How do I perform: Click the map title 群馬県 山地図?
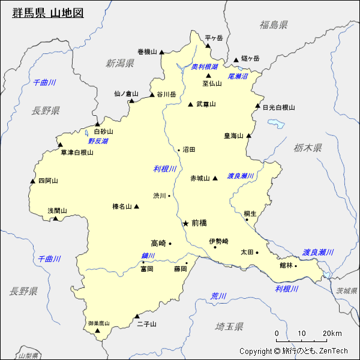[x=47, y=13]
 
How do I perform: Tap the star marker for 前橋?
[x=185, y=223]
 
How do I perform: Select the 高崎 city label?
[x=158, y=243]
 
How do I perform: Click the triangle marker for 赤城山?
[x=214, y=178]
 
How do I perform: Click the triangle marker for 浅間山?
[x=56, y=218]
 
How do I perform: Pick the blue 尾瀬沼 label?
[x=238, y=77]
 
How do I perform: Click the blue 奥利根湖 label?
[x=204, y=67]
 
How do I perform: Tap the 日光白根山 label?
[x=278, y=108]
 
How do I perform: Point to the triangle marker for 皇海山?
[x=248, y=136]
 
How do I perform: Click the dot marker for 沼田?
[x=179, y=150]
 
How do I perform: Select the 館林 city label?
[x=286, y=265]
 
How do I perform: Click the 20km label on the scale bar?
[x=331, y=334]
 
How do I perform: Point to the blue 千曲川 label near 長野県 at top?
[x=44, y=82]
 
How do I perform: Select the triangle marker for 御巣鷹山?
[x=97, y=329]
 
